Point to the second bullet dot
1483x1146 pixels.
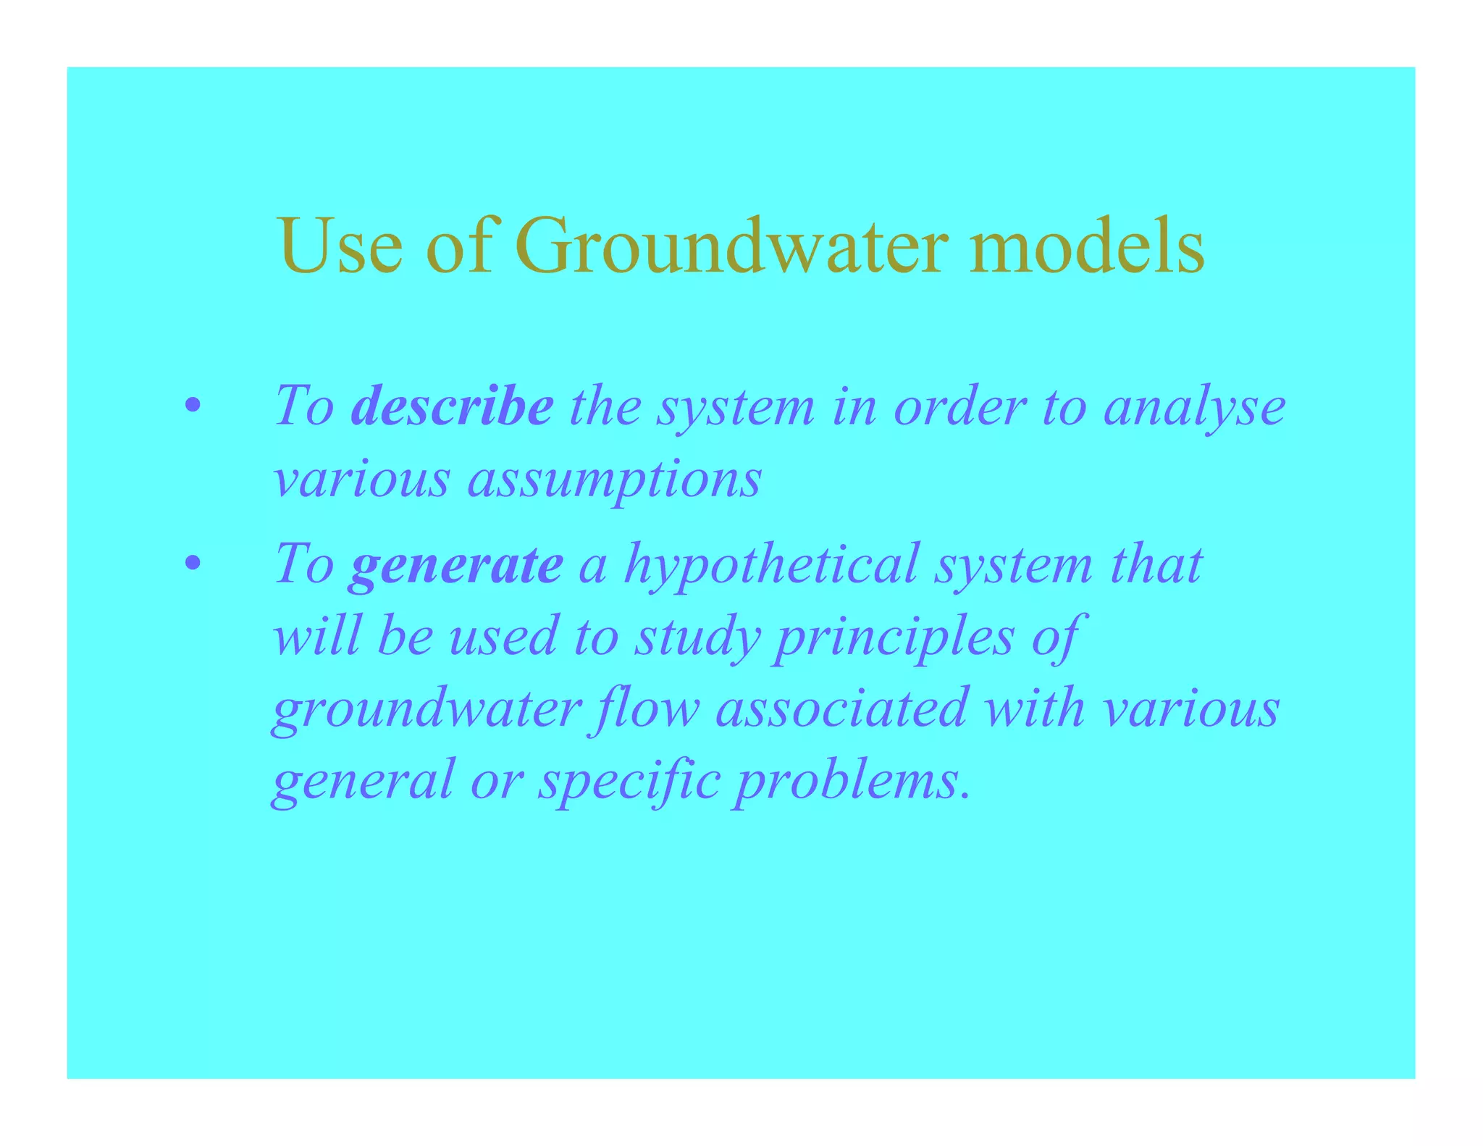pos(192,564)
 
